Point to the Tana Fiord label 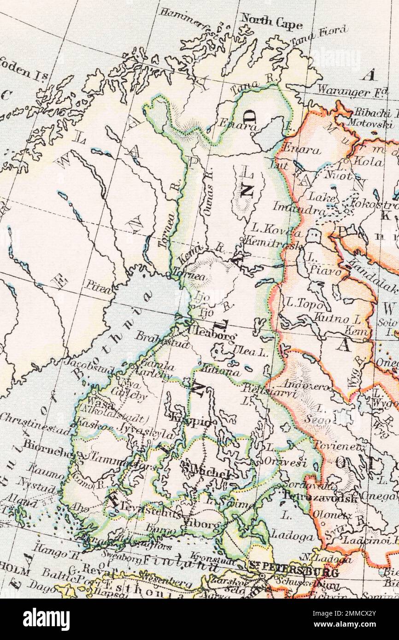click(318, 36)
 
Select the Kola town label click(371, 162)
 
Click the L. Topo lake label click(302, 303)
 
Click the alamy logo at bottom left click(46, 619)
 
